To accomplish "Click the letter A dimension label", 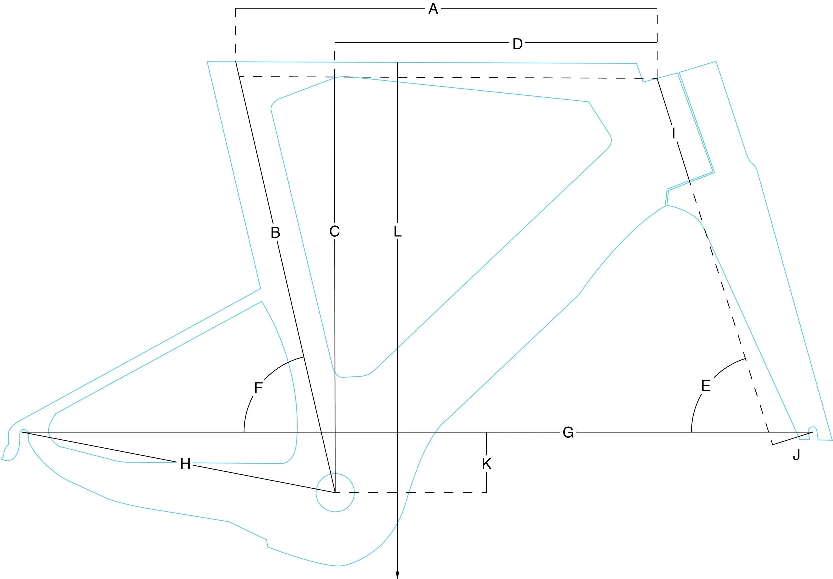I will (433, 8).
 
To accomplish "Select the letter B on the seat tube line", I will (275, 233).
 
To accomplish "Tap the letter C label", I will (334, 231).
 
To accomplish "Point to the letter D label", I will (517, 44).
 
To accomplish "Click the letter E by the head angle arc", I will (706, 386).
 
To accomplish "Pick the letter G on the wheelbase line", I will (568, 432).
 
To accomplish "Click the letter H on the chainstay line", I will (185, 464).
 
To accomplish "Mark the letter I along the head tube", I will (673, 133).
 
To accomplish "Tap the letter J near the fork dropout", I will (796, 455).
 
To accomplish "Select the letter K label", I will (487, 464).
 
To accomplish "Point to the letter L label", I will (398, 231).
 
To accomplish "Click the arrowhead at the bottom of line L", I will (397, 575).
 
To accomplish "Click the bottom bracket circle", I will (335, 493).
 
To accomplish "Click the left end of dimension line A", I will (236, 8).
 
